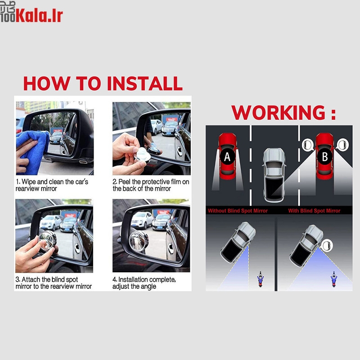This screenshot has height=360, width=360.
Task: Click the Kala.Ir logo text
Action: (x=39, y=15)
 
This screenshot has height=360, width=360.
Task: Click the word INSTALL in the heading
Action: (x=144, y=83)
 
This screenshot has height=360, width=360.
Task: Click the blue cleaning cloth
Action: (x=32, y=152)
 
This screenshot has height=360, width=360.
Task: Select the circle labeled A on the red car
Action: (x=227, y=157)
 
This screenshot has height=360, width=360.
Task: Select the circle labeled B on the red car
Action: (x=324, y=157)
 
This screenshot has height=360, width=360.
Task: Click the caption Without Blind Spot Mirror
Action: (x=238, y=211)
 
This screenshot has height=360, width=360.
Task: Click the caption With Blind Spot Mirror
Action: (x=314, y=211)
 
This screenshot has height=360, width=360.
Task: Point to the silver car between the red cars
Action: (x=274, y=175)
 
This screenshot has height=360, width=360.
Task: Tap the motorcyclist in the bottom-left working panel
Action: (x=261, y=279)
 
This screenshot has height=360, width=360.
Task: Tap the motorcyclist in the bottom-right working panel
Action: (x=334, y=279)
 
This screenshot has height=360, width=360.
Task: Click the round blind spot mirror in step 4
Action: (x=139, y=241)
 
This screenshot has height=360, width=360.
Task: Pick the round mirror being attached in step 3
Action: (x=48, y=240)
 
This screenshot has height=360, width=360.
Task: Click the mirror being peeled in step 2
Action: (x=142, y=155)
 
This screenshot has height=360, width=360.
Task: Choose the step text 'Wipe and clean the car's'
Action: (x=52, y=182)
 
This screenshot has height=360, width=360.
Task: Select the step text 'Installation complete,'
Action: (x=144, y=279)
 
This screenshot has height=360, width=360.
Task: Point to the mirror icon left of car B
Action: (x=308, y=145)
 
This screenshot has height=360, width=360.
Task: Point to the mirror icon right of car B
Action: (x=342, y=145)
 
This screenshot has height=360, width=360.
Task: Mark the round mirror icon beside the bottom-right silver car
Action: (x=327, y=245)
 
